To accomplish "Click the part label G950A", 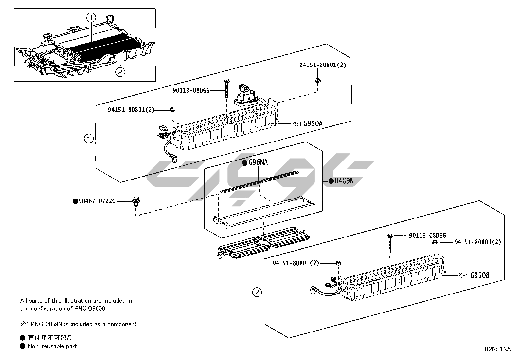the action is click(x=313, y=123).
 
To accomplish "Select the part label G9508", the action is click(x=479, y=275).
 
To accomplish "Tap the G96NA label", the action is click(x=258, y=162).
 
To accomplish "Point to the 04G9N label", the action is click(x=344, y=181).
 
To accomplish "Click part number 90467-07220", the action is click(x=97, y=201).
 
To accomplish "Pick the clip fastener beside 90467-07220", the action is click(x=136, y=202).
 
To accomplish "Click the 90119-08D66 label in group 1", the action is click(x=191, y=90).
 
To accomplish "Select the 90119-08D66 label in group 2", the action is click(x=427, y=236).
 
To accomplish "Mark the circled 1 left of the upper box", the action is click(x=89, y=139).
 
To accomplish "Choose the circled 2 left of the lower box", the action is click(x=257, y=292).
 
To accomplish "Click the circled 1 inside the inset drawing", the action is click(x=91, y=17).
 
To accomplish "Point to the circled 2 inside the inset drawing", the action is click(x=120, y=72).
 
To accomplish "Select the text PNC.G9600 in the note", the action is click(x=90, y=308).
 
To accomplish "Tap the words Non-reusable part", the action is click(x=52, y=346).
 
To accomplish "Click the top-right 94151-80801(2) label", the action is click(x=323, y=65).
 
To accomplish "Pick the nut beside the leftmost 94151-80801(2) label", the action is click(x=172, y=110).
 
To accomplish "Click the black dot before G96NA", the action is click(x=245, y=163).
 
